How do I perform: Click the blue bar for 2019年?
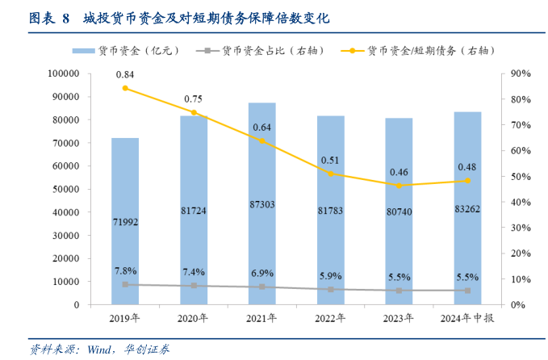125,221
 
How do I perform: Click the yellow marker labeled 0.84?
125,88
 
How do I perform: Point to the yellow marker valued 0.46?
399,186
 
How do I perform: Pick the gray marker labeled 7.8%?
125,284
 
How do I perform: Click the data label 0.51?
330,160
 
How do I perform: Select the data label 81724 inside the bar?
194,210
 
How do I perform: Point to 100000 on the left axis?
62,73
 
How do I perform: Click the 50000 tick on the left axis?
65,189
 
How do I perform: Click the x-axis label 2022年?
330,317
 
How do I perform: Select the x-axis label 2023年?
399,317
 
